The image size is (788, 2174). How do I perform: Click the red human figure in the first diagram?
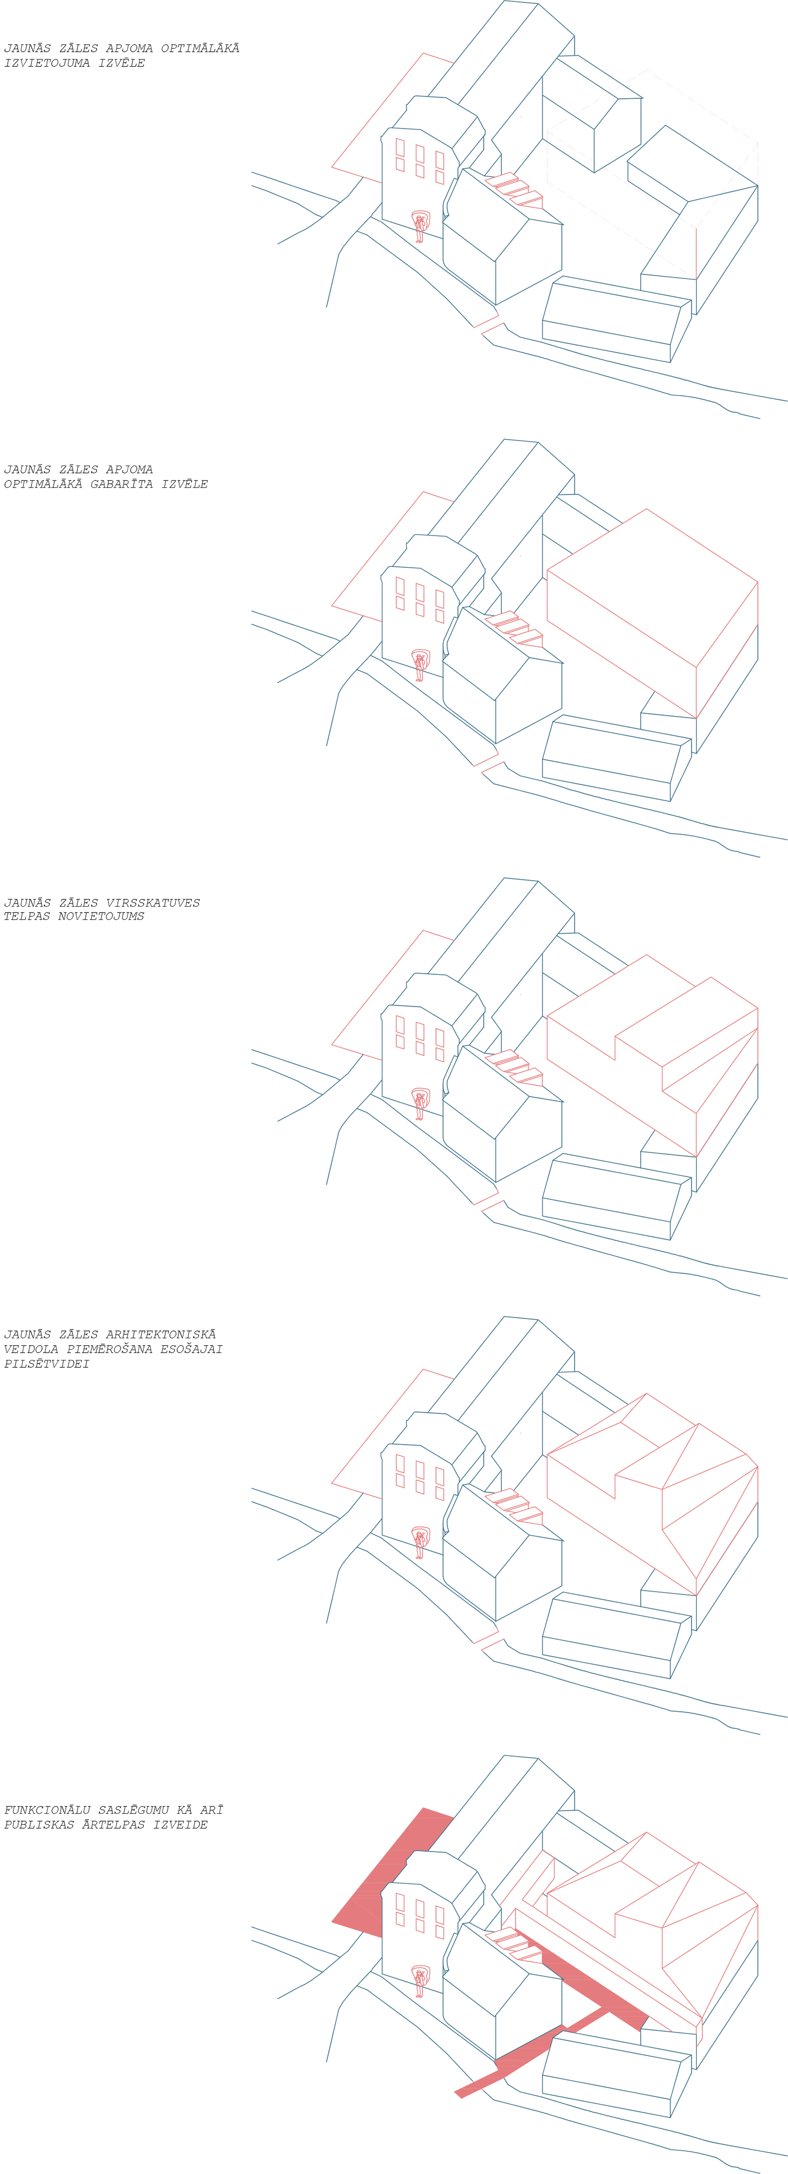point(419,226)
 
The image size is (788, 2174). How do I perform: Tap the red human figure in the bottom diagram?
point(419,1981)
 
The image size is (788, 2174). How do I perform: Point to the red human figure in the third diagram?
point(419,1103)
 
